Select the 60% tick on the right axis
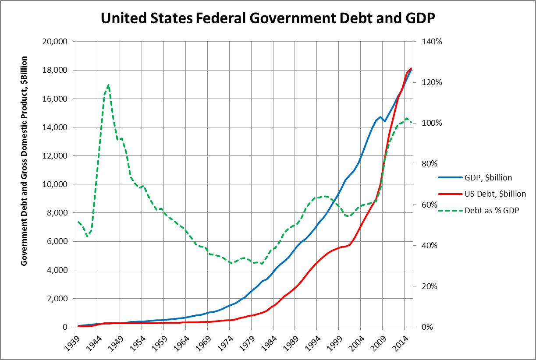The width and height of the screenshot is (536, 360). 430,205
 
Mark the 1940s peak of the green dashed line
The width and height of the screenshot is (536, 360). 108,85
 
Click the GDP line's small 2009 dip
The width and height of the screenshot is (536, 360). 384,121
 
